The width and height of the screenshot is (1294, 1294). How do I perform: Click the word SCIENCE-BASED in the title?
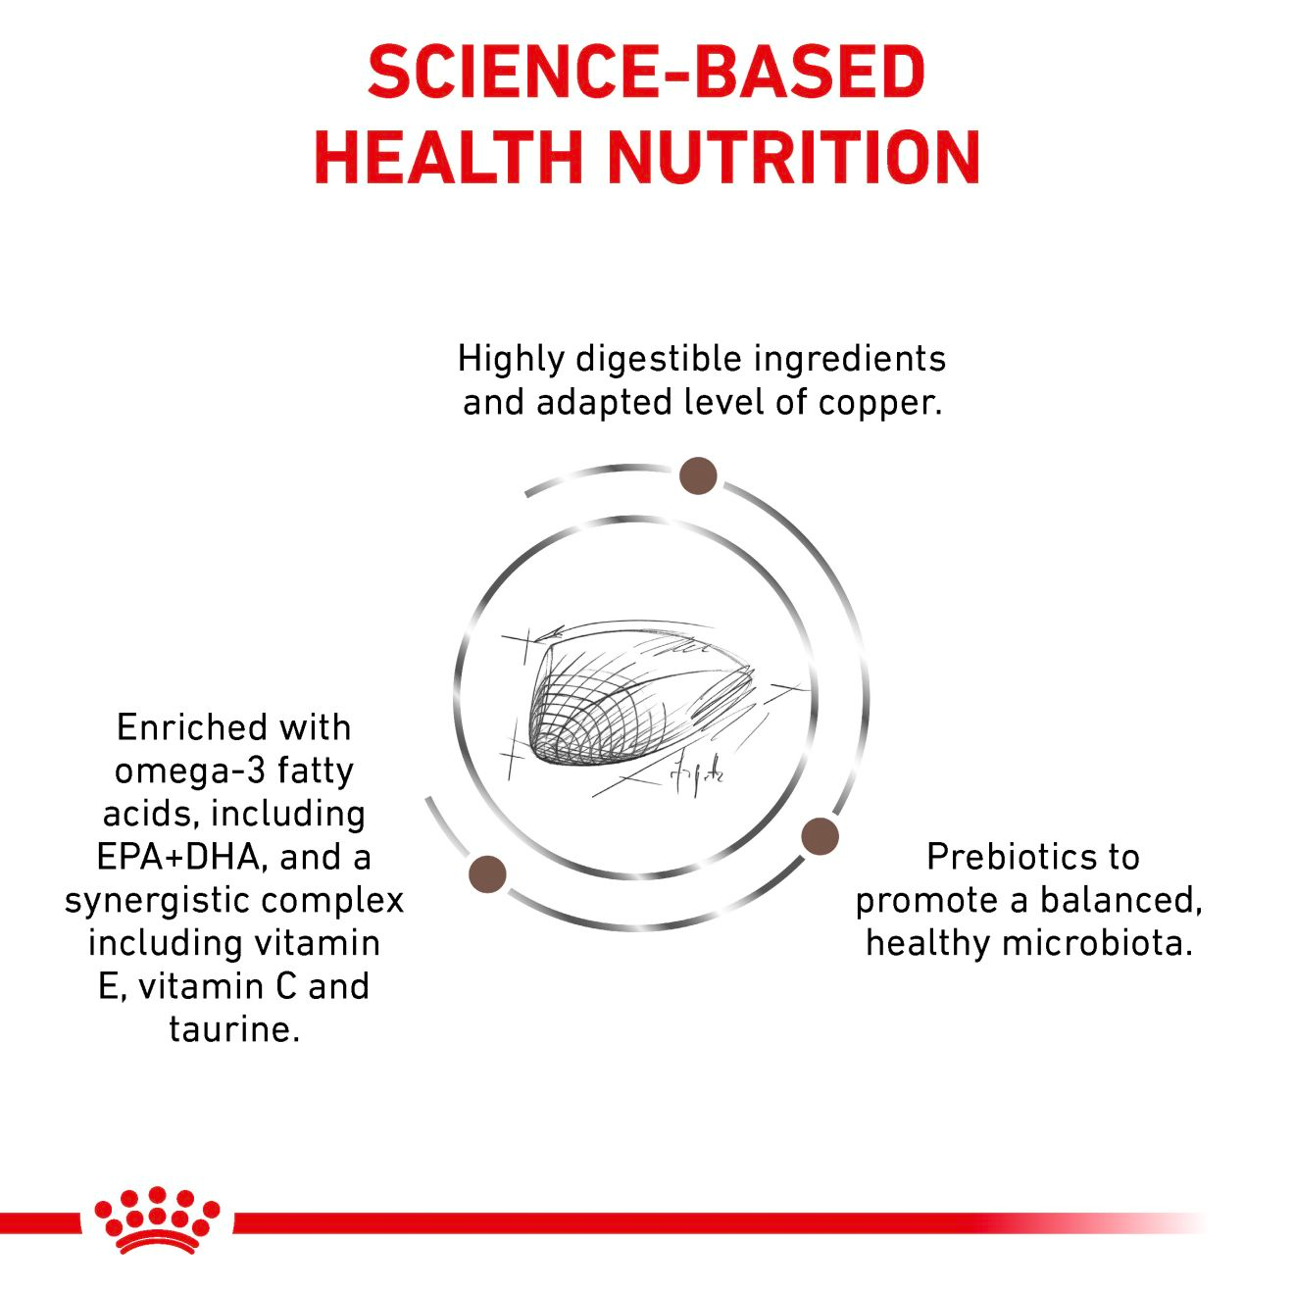click(x=646, y=72)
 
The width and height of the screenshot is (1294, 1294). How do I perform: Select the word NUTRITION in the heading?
click(x=793, y=157)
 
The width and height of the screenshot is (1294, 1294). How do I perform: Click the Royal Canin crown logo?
click(x=157, y=1220)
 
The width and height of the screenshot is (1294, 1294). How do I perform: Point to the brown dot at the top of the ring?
click(x=698, y=475)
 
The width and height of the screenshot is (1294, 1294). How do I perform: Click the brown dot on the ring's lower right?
click(x=820, y=837)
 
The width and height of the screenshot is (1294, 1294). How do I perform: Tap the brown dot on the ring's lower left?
click(x=488, y=873)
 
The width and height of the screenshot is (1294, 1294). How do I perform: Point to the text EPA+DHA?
click(x=179, y=858)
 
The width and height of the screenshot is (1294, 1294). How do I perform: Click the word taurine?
click(x=233, y=1029)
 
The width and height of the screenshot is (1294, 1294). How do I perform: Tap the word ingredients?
click(x=849, y=360)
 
